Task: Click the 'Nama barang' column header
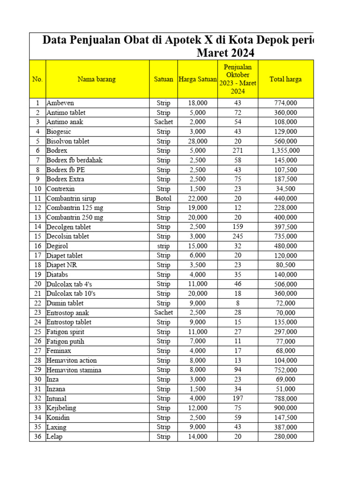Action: tap(97, 79)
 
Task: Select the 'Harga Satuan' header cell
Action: tap(197, 79)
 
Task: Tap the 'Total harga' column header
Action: tap(285, 79)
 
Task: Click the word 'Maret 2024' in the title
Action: tap(225, 53)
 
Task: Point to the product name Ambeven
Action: tap(60, 103)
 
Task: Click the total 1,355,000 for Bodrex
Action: tap(285, 150)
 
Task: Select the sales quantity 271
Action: tap(237, 150)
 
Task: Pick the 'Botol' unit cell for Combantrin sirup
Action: tap(163, 198)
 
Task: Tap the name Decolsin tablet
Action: tap(67, 236)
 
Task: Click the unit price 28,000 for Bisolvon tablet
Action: tap(197, 141)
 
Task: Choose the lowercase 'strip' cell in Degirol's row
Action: tap(163, 246)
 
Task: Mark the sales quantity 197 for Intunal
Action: tap(237, 398)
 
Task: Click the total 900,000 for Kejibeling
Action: tap(285, 408)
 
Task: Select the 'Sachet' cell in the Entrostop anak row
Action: tap(163, 313)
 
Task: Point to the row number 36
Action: tap(37, 436)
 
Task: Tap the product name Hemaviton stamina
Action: tap(74, 370)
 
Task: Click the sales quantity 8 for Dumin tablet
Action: tap(237, 303)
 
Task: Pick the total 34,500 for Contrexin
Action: tap(285, 188)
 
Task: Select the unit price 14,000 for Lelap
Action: tap(197, 436)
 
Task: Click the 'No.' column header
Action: tap(37, 79)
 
